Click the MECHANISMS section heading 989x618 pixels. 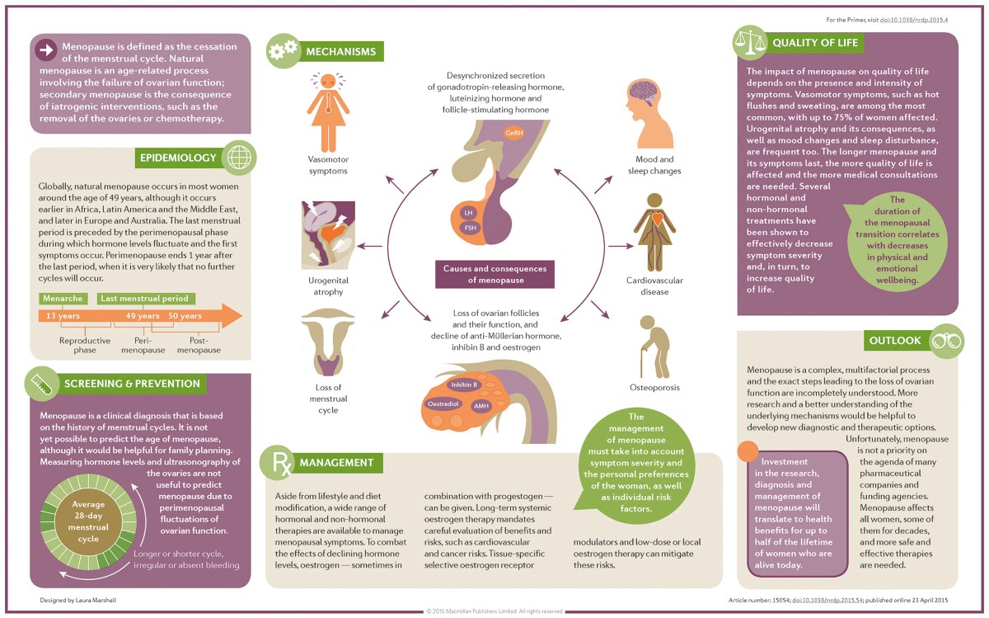point(340,52)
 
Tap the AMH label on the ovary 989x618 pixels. point(480,406)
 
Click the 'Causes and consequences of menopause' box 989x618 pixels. point(494,274)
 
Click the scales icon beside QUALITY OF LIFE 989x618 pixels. point(751,44)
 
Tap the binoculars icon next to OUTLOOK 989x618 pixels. point(945,340)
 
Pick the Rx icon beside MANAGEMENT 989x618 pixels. point(277,464)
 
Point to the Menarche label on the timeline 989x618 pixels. point(63,298)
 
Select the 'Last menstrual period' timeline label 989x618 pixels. point(146,298)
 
